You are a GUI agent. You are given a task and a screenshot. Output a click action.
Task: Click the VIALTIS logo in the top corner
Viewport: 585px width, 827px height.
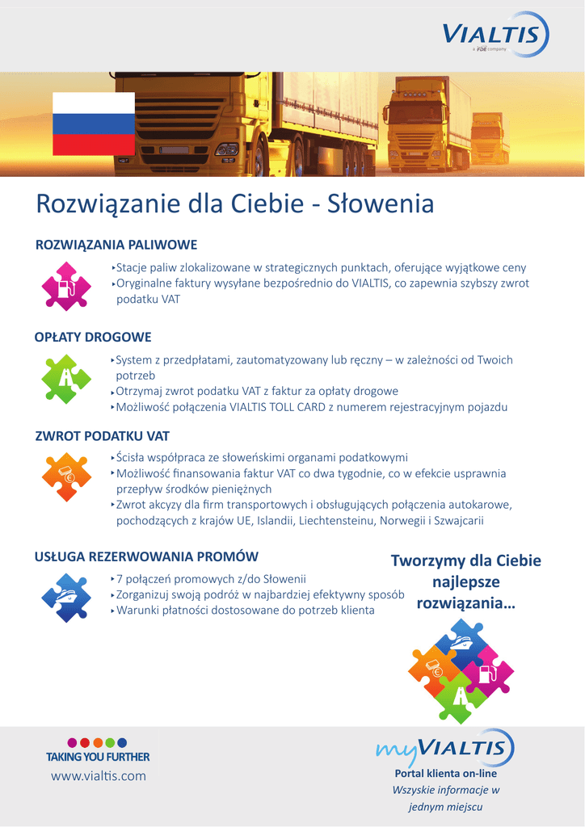[495, 36]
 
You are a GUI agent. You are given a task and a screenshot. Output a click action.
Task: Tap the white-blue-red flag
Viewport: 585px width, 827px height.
[94, 124]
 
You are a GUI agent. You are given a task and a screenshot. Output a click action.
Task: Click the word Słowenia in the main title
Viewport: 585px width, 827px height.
[381, 204]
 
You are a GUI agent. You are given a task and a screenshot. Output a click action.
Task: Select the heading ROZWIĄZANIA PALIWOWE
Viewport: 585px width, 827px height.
[116, 245]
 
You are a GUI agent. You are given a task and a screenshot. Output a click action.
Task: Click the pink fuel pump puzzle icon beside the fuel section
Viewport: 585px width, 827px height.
[66, 286]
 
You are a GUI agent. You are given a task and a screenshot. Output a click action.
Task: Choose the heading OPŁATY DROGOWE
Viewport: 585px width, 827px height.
[93, 337]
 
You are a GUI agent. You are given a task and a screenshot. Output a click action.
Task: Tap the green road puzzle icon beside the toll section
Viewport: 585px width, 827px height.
[66, 379]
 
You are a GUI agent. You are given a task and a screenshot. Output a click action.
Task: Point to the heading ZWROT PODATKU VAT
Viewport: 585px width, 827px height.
[102, 436]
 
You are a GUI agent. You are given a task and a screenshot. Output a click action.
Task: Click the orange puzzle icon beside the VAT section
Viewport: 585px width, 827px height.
[65, 476]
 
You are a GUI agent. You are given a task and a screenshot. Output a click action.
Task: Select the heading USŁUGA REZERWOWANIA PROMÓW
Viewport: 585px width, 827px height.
[146, 556]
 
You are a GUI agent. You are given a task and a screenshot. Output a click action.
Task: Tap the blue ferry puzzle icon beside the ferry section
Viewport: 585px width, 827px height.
[65, 598]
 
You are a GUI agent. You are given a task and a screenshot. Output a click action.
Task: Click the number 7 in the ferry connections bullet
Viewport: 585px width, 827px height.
[120, 579]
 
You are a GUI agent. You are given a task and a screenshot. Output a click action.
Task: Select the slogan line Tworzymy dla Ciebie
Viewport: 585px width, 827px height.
[465, 560]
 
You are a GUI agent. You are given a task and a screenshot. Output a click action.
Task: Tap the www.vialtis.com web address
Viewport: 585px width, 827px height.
[99, 776]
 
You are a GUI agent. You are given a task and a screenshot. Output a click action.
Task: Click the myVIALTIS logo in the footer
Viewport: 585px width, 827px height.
[445, 748]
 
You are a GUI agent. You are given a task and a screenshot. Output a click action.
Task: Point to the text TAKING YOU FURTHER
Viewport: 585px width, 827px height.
[98, 757]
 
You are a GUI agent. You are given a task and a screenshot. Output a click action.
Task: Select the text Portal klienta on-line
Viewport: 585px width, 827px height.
[445, 774]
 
